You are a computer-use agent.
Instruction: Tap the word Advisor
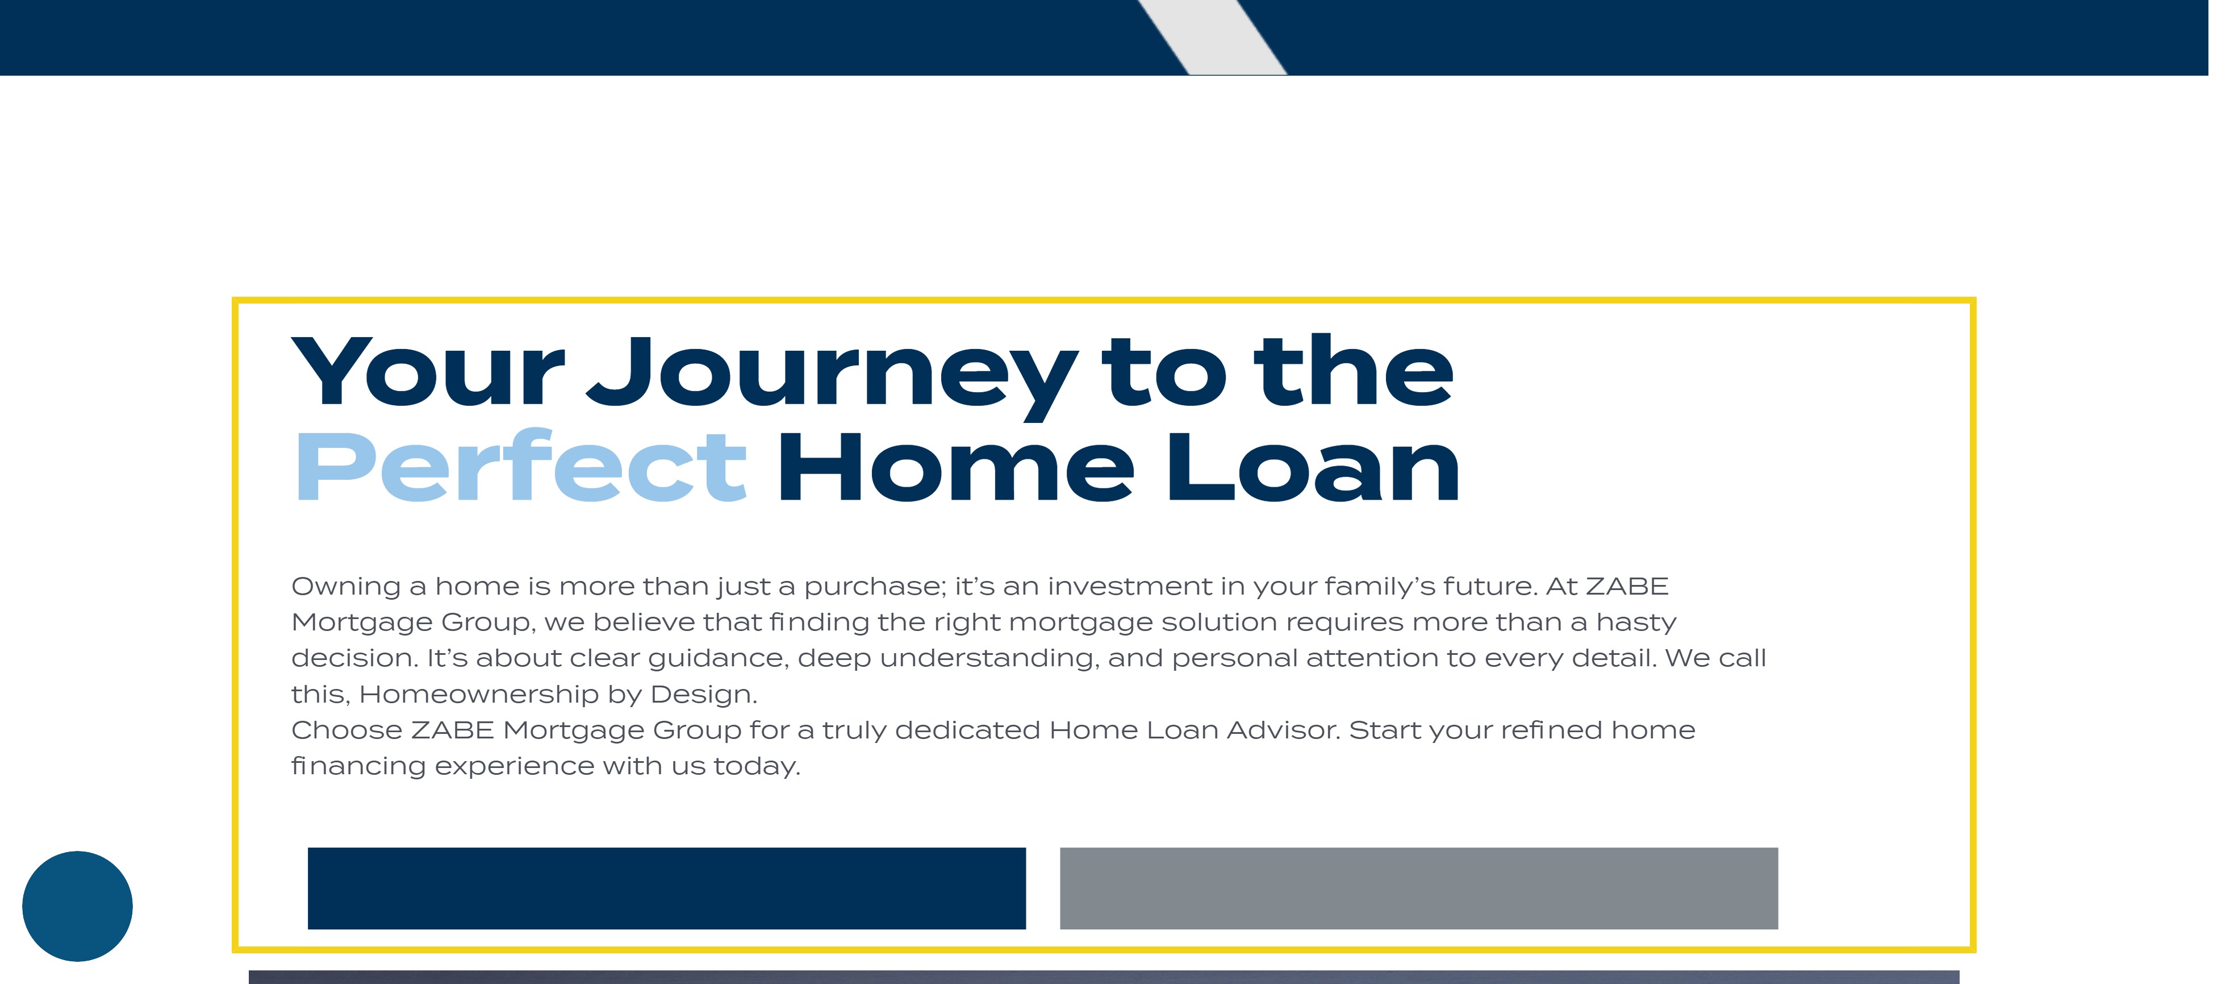(1284, 730)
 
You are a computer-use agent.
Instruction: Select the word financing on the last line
(358, 767)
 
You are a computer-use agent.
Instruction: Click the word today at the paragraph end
(756, 767)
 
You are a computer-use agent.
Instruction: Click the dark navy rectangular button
(666, 888)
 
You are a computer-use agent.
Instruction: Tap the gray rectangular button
(1419, 888)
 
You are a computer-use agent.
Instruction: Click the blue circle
(77, 906)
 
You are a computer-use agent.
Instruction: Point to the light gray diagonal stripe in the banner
(1212, 38)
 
